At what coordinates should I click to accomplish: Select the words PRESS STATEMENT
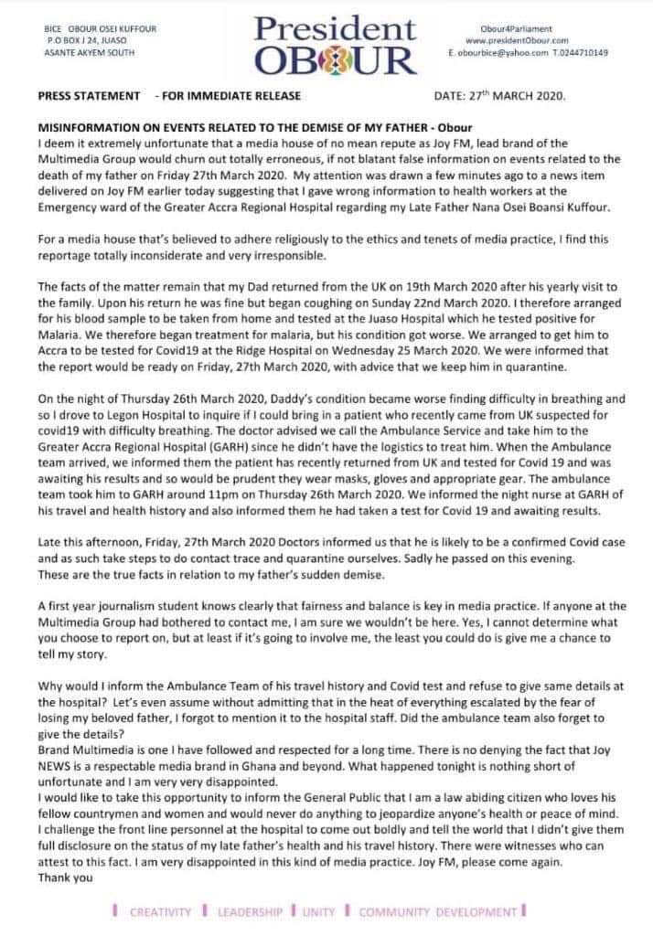90,96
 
